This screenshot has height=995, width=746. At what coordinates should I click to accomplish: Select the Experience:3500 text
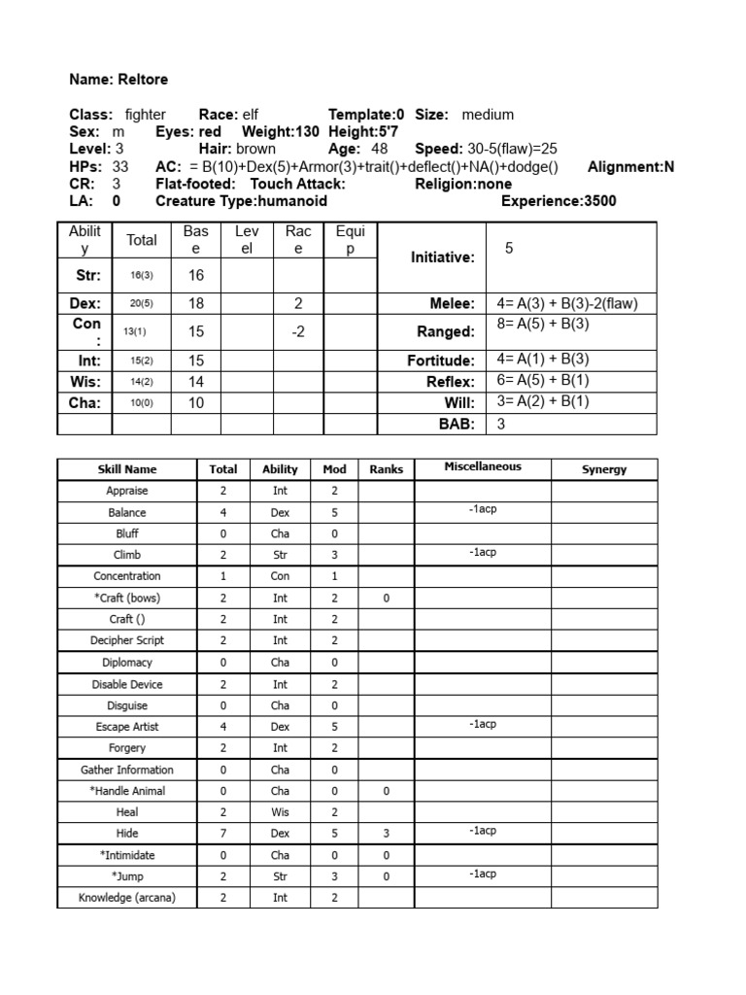(x=558, y=201)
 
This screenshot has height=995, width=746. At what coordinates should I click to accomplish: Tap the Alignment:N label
(x=630, y=167)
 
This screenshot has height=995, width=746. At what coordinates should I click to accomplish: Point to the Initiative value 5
(x=509, y=249)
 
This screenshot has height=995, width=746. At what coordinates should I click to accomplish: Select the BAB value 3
(x=501, y=424)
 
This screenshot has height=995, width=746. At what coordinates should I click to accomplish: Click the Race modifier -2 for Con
(x=298, y=331)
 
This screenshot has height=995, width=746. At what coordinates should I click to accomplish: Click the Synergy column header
(x=604, y=469)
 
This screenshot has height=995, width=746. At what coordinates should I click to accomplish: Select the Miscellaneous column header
(x=483, y=467)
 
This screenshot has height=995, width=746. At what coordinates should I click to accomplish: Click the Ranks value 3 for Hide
(x=386, y=834)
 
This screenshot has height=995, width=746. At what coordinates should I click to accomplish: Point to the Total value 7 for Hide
(x=223, y=834)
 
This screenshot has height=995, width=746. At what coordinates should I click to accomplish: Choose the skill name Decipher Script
(x=127, y=640)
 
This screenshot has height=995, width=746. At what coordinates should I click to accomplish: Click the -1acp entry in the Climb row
(x=483, y=552)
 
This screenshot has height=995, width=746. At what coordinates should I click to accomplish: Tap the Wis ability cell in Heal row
(x=280, y=812)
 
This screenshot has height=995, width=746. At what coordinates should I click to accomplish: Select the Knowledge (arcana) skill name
(x=127, y=898)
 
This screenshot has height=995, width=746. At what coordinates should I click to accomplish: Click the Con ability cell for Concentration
(x=280, y=576)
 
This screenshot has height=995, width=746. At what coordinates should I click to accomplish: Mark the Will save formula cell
(x=543, y=401)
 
